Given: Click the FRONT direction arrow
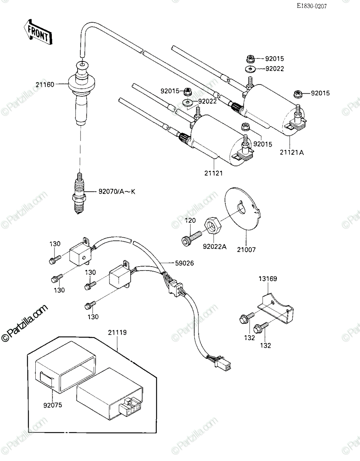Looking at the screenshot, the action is (38, 32).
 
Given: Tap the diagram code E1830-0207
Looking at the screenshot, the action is (312, 6).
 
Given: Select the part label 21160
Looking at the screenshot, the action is (45, 85).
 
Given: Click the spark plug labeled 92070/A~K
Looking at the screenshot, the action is (79, 194).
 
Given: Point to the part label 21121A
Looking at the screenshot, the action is (292, 153).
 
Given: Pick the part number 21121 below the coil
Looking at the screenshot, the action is (214, 173).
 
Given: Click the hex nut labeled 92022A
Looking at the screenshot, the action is (213, 226).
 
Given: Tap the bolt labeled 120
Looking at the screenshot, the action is (191, 238).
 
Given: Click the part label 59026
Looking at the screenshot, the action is (184, 263).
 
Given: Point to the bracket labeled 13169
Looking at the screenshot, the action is (276, 308).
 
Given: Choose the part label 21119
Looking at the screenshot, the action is (117, 332).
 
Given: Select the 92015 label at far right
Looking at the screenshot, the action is (320, 93).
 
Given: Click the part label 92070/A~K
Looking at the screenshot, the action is (117, 192).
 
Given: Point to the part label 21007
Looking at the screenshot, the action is (246, 249).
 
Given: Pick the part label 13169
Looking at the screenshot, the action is (268, 279).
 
